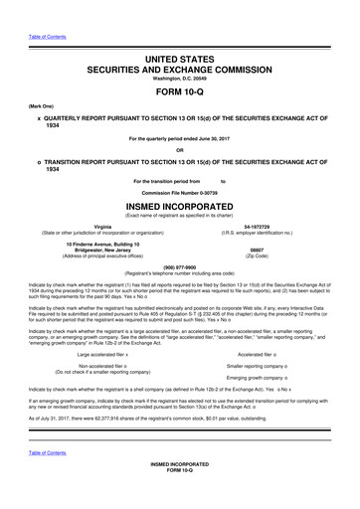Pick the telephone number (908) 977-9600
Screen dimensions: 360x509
coord(180,265)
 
